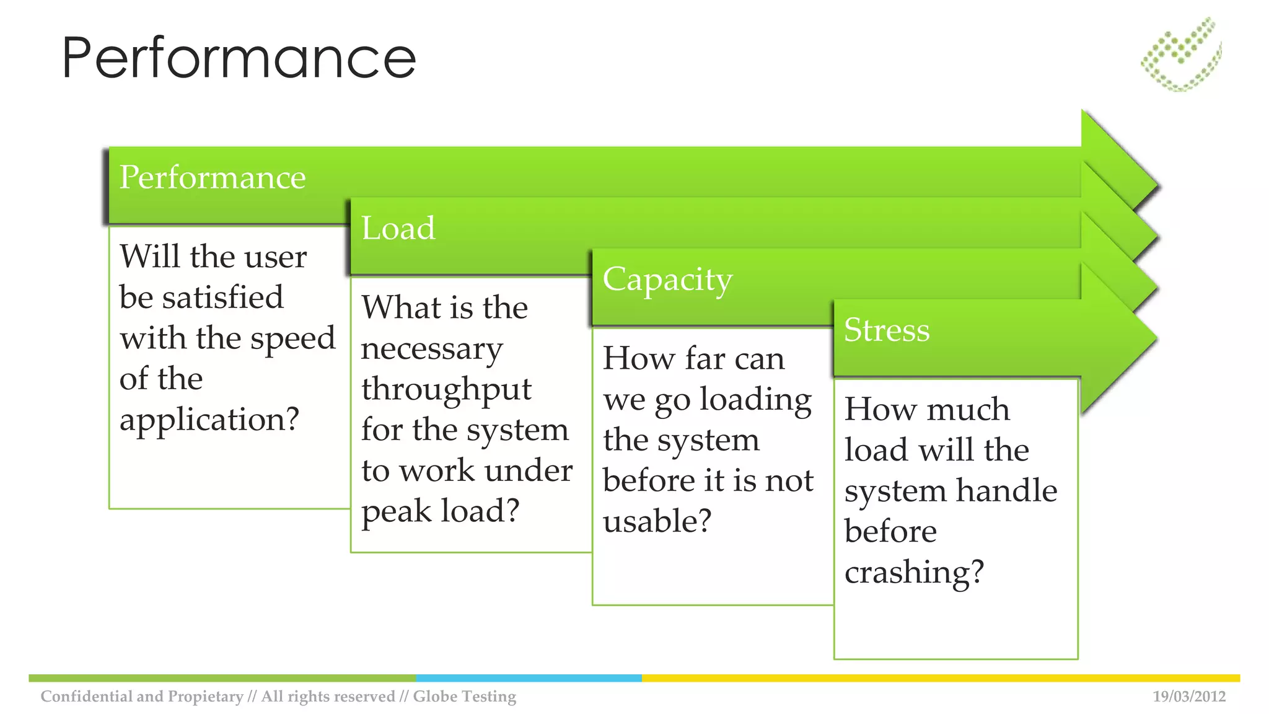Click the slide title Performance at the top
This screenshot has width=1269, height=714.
click(x=239, y=58)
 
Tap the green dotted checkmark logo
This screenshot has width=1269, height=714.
click(x=1181, y=55)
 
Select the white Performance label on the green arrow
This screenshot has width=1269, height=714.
click(x=213, y=177)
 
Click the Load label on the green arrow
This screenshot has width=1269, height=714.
click(x=398, y=228)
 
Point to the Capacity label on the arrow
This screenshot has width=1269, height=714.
click(x=667, y=280)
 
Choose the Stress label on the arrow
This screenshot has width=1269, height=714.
click(x=887, y=330)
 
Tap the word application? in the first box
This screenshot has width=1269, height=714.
click(x=209, y=420)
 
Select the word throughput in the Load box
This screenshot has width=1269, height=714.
click(x=446, y=390)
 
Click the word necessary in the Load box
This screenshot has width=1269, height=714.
click(x=432, y=349)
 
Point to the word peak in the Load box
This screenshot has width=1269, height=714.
click(x=397, y=511)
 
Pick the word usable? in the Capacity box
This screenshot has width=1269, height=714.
click(x=657, y=521)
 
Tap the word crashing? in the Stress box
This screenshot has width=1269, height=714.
click(x=914, y=572)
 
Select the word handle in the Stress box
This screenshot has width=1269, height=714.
click(x=1006, y=490)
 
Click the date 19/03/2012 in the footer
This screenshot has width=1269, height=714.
click(x=1189, y=696)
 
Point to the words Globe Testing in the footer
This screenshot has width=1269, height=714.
click(x=464, y=696)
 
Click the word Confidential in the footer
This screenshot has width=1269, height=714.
click(x=87, y=696)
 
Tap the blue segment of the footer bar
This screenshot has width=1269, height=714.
click(x=529, y=678)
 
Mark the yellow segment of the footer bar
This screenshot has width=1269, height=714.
click(x=941, y=678)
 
